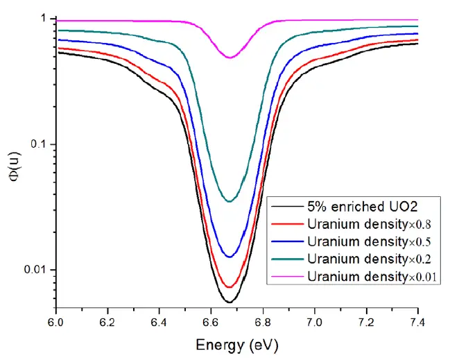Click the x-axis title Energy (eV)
point(237,344)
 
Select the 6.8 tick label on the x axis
point(263,323)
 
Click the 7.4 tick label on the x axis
point(417,323)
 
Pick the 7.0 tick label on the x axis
point(314,323)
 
